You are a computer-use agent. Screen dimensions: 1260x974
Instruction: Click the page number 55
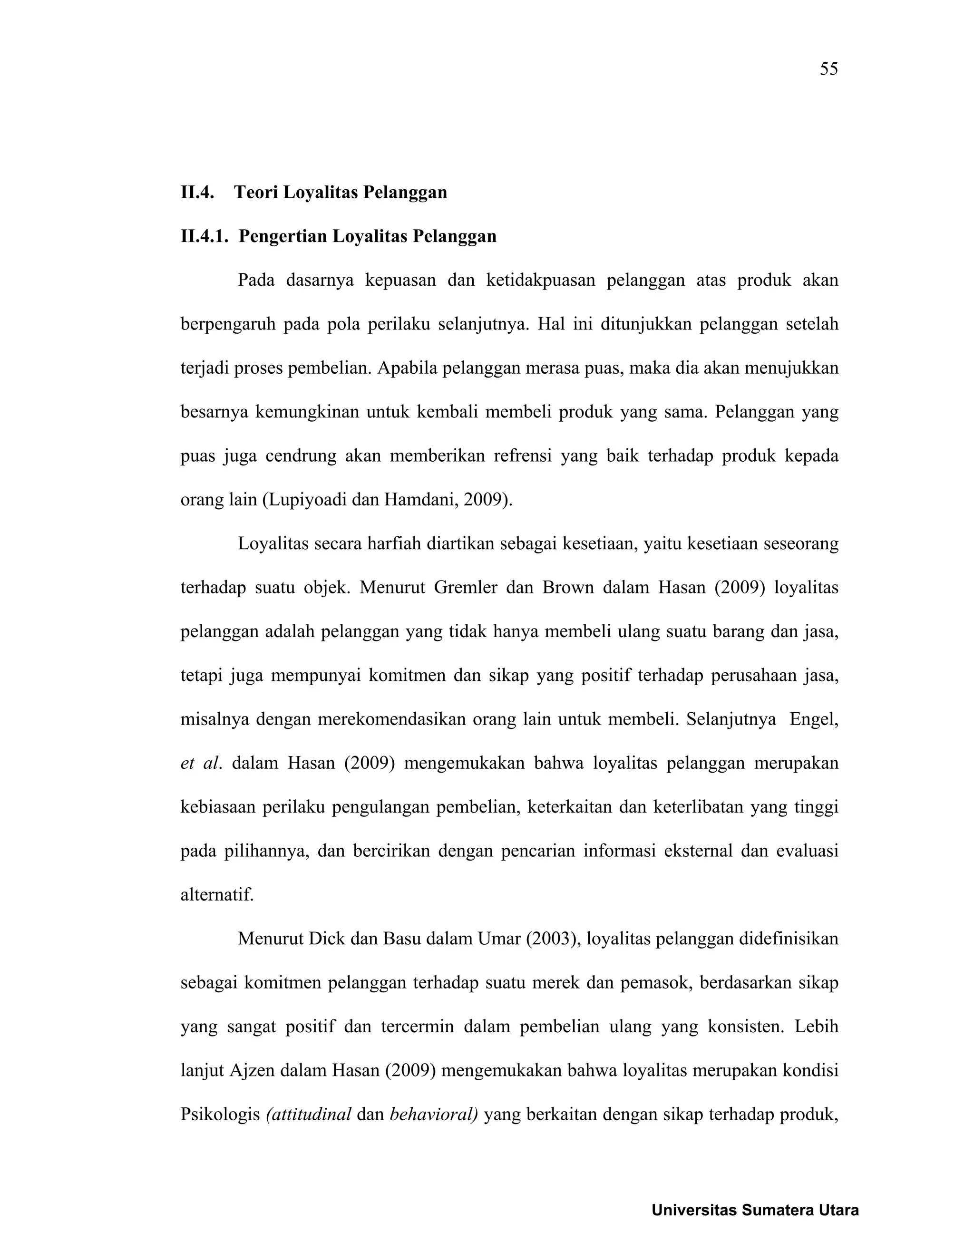(x=828, y=69)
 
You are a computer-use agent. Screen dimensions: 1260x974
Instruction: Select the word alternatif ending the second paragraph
(x=217, y=895)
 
